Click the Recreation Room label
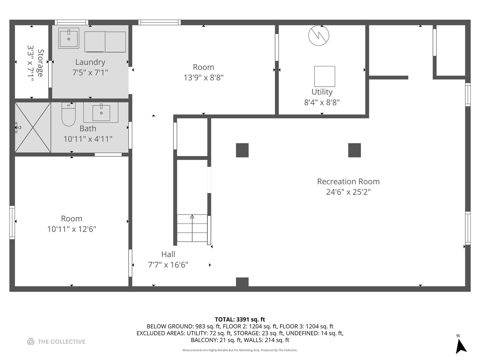click(x=348, y=182)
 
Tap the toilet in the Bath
click(x=68, y=115)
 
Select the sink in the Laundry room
click(x=69, y=38)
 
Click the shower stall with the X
click(x=33, y=127)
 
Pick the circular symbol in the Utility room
click(x=319, y=35)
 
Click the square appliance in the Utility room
click(x=324, y=76)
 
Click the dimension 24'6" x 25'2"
click(x=348, y=192)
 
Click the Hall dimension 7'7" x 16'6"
click(x=168, y=265)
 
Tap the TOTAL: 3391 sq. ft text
click(x=240, y=319)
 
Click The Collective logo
click(x=56, y=342)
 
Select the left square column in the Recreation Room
click(x=242, y=150)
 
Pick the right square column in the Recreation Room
click(x=354, y=150)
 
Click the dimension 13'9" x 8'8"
click(x=203, y=78)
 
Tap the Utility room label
click(x=322, y=92)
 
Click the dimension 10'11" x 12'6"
click(x=71, y=229)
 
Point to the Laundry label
click(x=90, y=62)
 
